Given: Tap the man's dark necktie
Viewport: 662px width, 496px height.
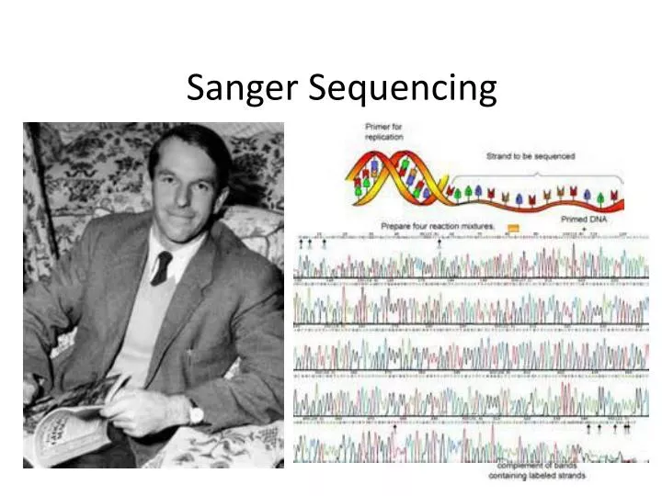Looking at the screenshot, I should coord(161,266).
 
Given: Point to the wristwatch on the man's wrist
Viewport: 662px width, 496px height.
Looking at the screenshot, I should coord(196,414).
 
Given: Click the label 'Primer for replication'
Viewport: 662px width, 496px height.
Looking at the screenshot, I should coord(383,131).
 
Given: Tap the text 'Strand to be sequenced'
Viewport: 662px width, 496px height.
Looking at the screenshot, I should coord(530,156).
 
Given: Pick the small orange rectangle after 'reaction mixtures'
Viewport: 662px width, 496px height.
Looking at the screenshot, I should coord(513,226).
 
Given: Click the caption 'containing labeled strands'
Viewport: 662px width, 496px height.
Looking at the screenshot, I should coord(538,475).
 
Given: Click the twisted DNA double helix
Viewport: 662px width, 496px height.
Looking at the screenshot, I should coord(405,179).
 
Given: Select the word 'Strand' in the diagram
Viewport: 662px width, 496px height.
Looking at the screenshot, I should coord(499,156).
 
